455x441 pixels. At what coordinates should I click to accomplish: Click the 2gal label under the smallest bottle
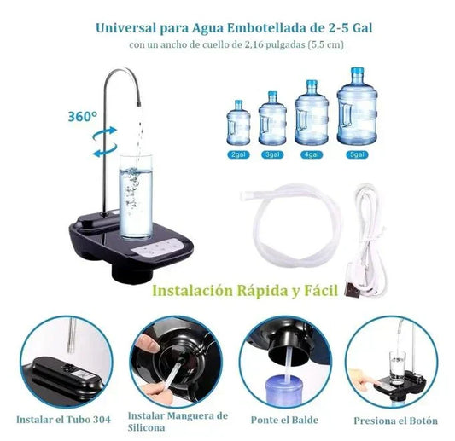pyautogui.click(x=238, y=154)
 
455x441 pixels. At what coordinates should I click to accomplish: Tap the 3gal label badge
pyautogui.click(x=272, y=154)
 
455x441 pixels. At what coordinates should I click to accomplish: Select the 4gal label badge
pyautogui.click(x=312, y=154)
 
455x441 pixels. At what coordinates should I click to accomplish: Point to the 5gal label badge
pyautogui.click(x=357, y=154)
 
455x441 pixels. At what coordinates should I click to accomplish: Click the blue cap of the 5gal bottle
pyautogui.click(x=357, y=71)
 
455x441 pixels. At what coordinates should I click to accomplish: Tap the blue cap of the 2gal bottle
pyautogui.click(x=238, y=103)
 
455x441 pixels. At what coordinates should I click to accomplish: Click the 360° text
pyautogui.click(x=82, y=117)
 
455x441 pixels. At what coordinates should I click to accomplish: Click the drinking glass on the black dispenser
pyautogui.click(x=136, y=197)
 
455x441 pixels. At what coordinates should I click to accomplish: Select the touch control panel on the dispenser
pyautogui.click(x=158, y=247)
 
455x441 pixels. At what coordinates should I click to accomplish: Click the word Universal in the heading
pyautogui.click(x=126, y=28)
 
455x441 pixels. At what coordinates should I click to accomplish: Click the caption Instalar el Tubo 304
pyautogui.click(x=63, y=420)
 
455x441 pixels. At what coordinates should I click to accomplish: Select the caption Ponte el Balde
pyautogui.click(x=284, y=420)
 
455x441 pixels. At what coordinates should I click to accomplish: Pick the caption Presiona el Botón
pyautogui.click(x=395, y=421)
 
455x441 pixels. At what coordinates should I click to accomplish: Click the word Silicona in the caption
pyautogui.click(x=146, y=427)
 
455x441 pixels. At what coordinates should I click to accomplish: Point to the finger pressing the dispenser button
pyautogui.click(x=366, y=380)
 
